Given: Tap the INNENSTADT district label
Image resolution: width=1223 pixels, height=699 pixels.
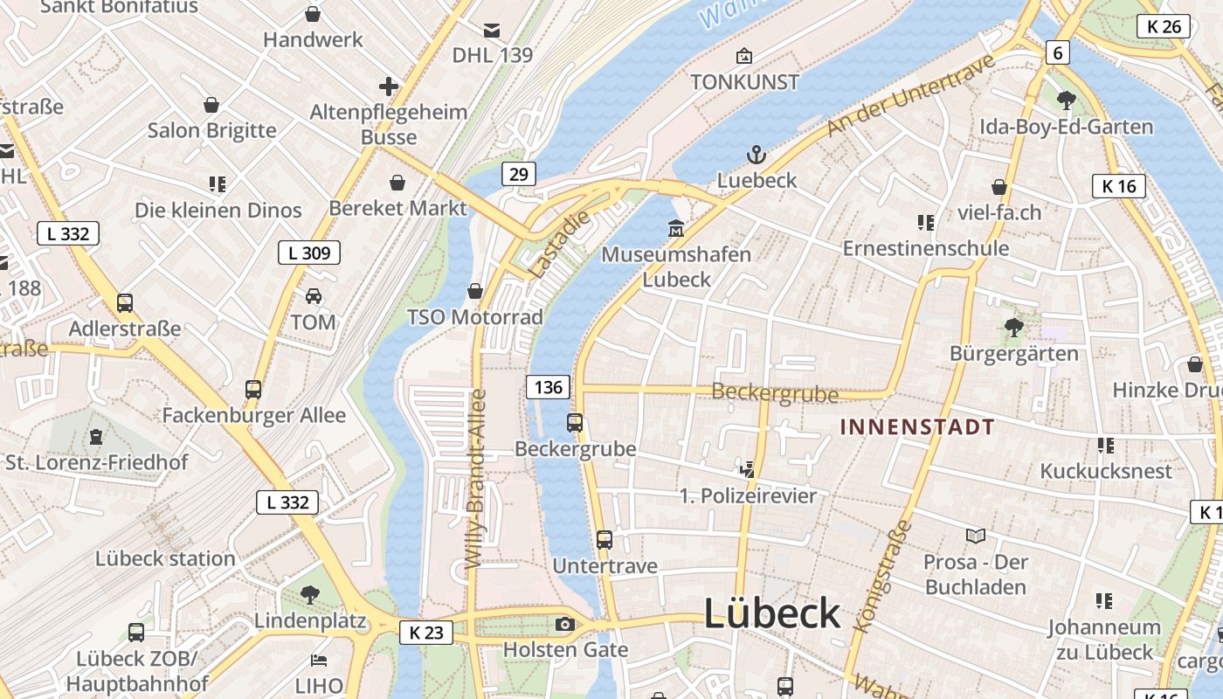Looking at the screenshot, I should [x=916, y=427].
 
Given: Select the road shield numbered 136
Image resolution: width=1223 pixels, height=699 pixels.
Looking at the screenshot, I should [x=548, y=387].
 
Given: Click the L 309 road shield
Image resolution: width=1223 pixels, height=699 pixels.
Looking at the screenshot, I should [x=308, y=253].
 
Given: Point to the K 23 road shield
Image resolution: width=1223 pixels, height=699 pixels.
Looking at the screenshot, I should [x=426, y=633].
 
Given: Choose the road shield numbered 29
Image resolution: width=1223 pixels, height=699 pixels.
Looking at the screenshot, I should [x=519, y=174].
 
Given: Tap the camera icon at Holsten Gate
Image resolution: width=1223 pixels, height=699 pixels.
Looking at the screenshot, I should [x=565, y=624].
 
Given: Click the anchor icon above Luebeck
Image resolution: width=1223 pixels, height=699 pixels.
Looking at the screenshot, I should [x=757, y=156].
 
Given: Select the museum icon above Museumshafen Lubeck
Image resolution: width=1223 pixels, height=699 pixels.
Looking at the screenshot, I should [x=675, y=229].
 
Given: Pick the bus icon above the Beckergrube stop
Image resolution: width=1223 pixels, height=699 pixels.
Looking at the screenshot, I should [x=575, y=423].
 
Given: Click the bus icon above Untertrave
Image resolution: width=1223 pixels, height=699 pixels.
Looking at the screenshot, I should [x=605, y=540].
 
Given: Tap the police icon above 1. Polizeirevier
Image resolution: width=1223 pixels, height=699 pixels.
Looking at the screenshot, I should [x=747, y=469].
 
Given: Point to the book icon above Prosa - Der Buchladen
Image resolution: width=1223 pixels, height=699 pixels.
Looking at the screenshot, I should [x=975, y=536].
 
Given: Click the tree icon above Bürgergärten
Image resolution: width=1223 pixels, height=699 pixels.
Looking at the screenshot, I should [x=1014, y=328].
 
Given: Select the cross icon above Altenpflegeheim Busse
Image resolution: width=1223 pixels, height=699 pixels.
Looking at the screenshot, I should [x=389, y=87].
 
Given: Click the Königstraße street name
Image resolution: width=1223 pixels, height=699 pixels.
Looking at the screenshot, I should [x=881, y=576].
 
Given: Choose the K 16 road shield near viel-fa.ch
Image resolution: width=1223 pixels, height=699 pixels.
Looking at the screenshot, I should [x=1118, y=186].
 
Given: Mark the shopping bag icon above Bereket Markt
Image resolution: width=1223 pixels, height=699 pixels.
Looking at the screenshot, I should [x=397, y=183].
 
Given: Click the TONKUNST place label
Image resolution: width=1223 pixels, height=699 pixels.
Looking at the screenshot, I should [x=744, y=82].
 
